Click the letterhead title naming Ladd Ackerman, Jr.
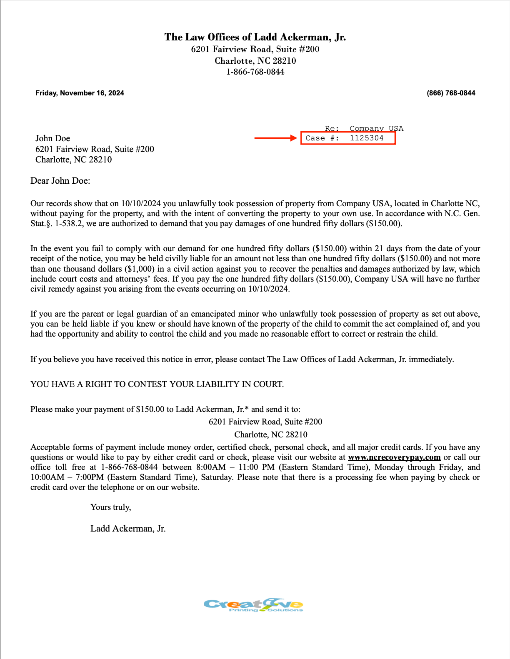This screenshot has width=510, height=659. (x=255, y=37)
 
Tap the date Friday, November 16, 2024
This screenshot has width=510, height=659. (x=80, y=93)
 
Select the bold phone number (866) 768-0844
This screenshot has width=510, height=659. (x=451, y=93)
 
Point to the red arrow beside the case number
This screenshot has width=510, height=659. (x=275, y=138)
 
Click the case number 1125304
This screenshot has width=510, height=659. (x=367, y=138)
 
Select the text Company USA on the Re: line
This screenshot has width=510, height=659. (x=376, y=128)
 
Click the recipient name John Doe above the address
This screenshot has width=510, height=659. (x=52, y=138)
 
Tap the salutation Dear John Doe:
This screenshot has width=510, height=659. (x=60, y=181)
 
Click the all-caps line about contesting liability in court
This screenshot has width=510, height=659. (x=157, y=384)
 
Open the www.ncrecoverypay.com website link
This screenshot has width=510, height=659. (x=394, y=457)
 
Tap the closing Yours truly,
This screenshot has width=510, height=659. (x=110, y=507)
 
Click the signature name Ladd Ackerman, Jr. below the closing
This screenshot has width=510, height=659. (x=128, y=529)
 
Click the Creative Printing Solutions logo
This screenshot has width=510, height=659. (x=253, y=605)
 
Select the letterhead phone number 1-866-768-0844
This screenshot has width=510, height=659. (x=255, y=72)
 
